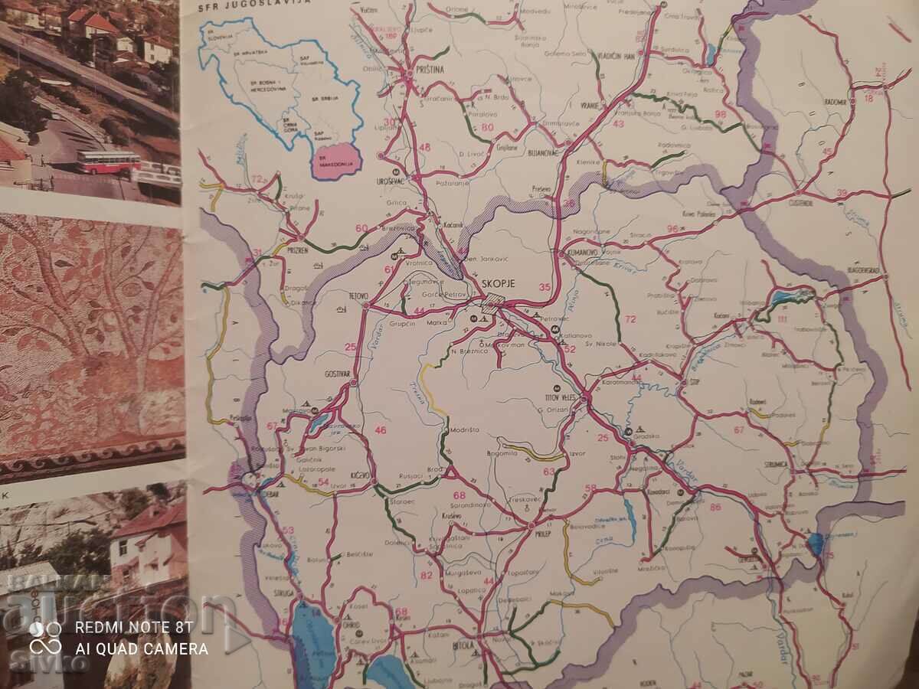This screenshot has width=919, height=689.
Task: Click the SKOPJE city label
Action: [x=498, y=283]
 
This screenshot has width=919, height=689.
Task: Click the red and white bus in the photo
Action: [x=108, y=162]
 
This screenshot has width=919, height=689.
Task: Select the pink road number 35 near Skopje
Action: [x=545, y=288]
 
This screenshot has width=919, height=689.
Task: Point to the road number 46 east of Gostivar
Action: [x=381, y=430]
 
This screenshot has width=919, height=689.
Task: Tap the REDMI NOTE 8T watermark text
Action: [x=135, y=627]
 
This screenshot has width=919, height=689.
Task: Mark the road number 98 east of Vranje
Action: [x=720, y=115]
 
